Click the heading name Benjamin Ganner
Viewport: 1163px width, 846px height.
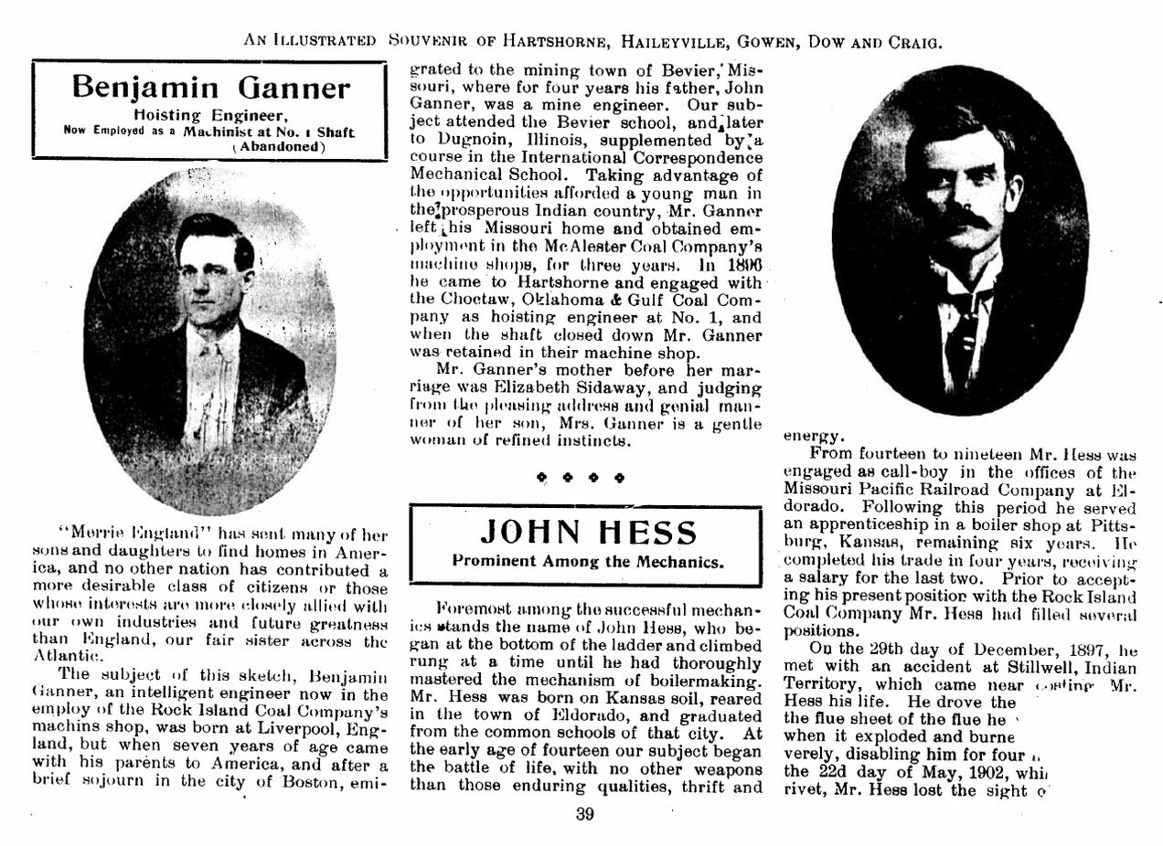210,88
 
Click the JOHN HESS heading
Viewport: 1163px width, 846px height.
588,531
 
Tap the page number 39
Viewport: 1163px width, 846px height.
586,816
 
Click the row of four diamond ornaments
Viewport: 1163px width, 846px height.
580,476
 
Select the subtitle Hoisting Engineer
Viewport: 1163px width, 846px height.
210,115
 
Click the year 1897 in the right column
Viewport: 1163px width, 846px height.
1072,650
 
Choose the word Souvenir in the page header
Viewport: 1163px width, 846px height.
428,41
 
